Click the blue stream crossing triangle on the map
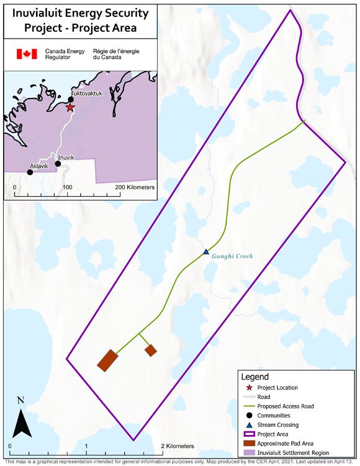pos(206,251)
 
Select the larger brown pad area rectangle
pos(107,360)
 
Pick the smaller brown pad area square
pos(150,351)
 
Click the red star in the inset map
pos(70,108)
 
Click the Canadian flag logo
pos(27,55)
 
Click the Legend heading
pos(255,377)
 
